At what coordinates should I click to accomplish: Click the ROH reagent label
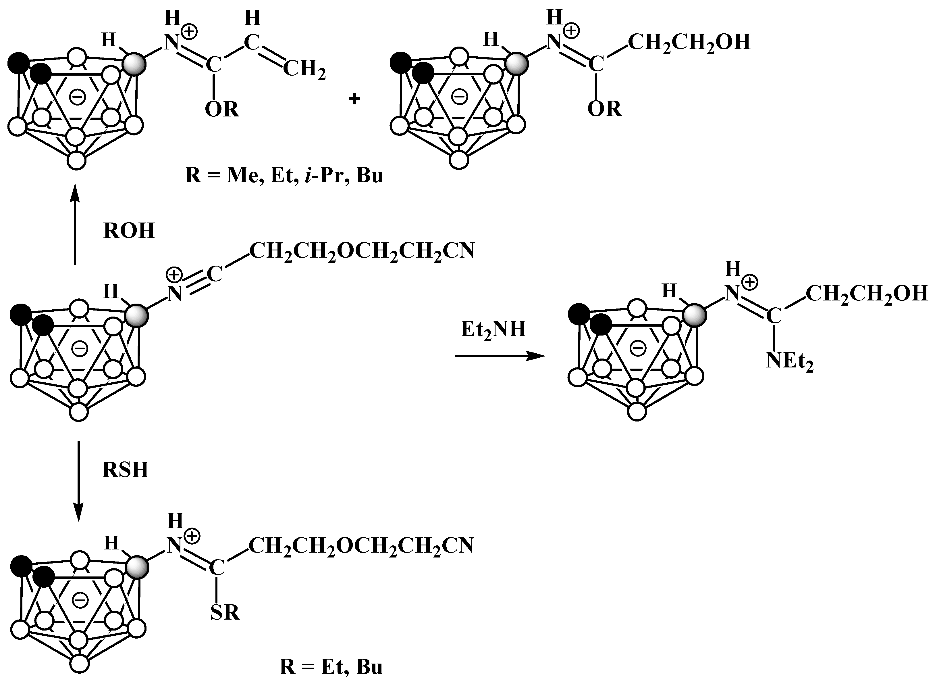(x=129, y=231)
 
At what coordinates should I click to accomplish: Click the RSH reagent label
(x=125, y=470)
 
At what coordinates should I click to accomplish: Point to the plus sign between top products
(x=354, y=99)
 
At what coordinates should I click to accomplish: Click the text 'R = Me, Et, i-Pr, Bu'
(x=284, y=176)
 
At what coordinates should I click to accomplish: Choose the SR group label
(x=225, y=612)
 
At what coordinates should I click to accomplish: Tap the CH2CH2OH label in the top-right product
(x=689, y=43)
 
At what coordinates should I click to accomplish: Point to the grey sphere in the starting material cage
(x=137, y=317)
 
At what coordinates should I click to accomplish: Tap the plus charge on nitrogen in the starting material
(x=174, y=274)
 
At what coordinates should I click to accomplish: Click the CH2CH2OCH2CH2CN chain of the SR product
(x=361, y=546)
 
